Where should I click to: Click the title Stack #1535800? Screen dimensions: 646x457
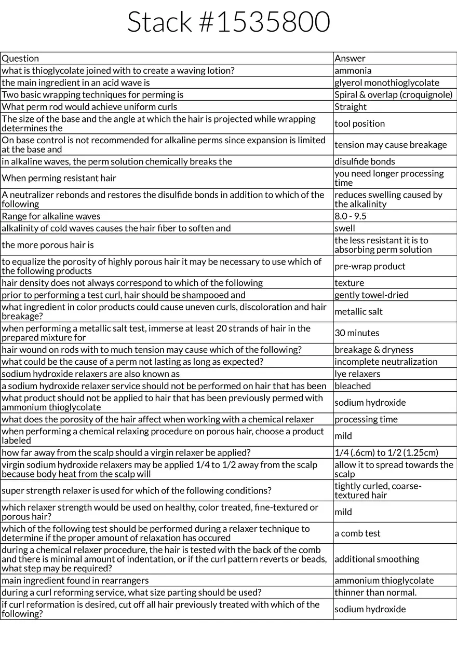228,23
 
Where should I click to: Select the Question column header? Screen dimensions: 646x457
20,59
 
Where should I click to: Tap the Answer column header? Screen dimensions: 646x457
350,59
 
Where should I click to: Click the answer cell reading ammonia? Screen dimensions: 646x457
353,71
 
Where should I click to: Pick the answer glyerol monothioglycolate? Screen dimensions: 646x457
387,83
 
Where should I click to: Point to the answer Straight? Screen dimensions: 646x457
351,107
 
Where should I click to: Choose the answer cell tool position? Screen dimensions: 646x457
360,123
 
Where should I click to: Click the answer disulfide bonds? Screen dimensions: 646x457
365,161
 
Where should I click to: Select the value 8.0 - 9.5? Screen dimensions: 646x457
351,216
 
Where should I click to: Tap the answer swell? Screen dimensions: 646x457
345,228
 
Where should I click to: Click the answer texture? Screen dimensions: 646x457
350,283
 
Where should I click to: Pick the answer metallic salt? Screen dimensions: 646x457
359,311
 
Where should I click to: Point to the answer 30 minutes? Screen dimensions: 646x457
357,333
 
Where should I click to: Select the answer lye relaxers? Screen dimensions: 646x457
357,374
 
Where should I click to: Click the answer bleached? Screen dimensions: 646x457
353,386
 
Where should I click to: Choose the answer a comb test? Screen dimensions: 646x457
357,533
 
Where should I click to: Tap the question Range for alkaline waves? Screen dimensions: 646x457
51,216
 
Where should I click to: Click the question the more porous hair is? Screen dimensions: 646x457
48,245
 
